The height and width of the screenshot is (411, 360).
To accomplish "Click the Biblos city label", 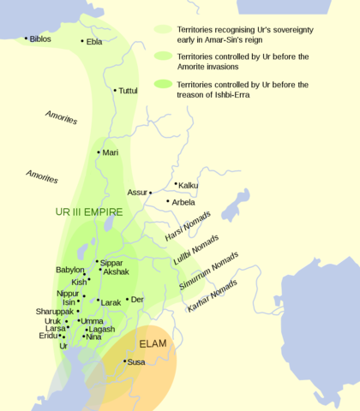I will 39,39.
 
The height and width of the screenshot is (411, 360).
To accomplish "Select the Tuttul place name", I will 128,90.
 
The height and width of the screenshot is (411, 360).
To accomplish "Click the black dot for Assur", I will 150,193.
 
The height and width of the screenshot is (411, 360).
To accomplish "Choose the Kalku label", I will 189,185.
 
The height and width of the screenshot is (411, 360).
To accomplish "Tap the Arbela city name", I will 183,202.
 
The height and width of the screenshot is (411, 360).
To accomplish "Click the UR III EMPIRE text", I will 88,211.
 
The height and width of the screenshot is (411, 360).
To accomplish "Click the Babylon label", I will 70,270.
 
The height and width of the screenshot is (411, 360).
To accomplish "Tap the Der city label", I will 137,300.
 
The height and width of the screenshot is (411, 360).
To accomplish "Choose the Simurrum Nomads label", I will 209,271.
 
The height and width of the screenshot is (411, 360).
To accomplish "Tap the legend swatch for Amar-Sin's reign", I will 162,28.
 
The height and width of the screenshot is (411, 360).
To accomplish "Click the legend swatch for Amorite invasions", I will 162,56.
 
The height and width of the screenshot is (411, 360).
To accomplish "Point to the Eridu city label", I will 49,336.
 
